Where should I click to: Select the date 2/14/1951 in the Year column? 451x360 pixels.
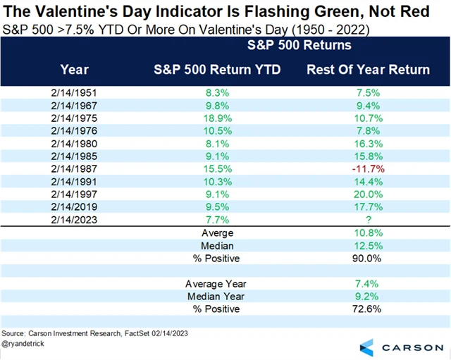pyautogui.click(x=75, y=92)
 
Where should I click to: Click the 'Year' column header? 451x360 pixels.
pyautogui.click(x=75, y=69)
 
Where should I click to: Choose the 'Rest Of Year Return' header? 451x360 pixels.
pyautogui.click(x=368, y=69)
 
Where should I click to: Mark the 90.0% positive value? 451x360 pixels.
pyautogui.click(x=368, y=259)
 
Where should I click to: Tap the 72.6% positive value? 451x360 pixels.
pyautogui.click(x=368, y=309)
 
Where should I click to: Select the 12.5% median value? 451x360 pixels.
pyautogui.click(x=368, y=245)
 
